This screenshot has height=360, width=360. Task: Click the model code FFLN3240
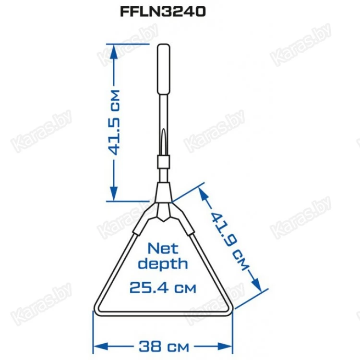163,12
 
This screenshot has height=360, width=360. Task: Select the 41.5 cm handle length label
114,122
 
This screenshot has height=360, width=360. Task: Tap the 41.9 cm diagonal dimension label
229,241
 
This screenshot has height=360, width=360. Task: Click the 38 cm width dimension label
164,347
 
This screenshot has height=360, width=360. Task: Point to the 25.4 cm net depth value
163,288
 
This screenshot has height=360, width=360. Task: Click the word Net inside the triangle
163,249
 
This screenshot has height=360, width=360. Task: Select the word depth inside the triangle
163,264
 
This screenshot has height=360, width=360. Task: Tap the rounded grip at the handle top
164,69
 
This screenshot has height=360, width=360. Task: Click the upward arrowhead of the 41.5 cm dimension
114,51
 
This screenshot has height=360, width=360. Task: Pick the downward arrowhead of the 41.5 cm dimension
114,193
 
